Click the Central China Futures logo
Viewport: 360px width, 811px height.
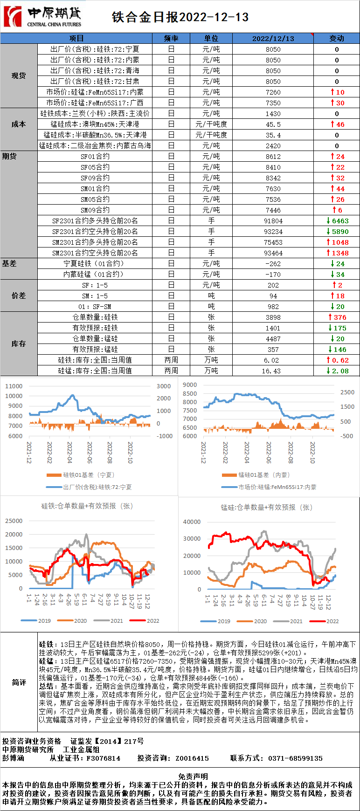pos(42,17)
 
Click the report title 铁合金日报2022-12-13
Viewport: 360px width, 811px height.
pos(180,17)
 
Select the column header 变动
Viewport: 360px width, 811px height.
pos(336,38)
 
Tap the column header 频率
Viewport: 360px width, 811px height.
pos(171,38)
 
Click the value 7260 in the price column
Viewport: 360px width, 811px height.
pos(273,92)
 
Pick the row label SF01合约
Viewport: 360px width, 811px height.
pos(95,157)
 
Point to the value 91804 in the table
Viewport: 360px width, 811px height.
pos(273,221)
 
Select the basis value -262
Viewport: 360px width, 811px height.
pos(273,264)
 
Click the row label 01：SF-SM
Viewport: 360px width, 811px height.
pos(95,307)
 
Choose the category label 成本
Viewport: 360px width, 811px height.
pos(19,124)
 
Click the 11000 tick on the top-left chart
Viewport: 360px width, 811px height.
pos(14,386)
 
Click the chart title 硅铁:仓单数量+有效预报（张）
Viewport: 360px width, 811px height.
pos(87,506)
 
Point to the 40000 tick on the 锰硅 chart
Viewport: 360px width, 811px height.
pos(192,522)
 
